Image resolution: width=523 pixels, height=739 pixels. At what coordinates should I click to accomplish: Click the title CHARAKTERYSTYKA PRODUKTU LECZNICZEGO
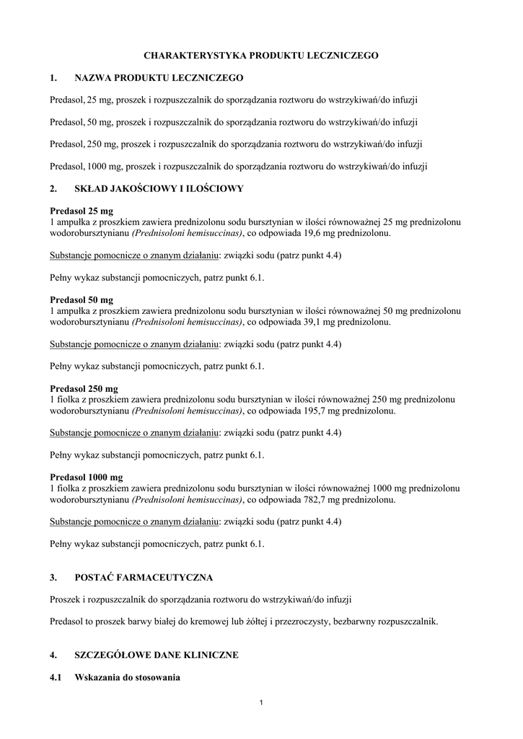click(x=260, y=55)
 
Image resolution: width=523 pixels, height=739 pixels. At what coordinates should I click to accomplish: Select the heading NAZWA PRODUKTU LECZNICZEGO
click(x=159, y=77)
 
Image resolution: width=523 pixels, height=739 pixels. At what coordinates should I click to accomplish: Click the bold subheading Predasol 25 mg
click(x=82, y=211)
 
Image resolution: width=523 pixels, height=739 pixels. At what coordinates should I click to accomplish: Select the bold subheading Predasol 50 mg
click(x=82, y=299)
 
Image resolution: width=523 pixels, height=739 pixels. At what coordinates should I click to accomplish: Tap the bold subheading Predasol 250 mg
click(x=84, y=388)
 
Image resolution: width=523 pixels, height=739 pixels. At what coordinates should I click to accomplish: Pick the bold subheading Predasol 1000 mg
click(x=87, y=477)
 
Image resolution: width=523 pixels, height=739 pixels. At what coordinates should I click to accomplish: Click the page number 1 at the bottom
click(x=261, y=704)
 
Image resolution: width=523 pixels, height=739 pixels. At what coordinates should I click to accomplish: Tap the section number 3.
click(x=53, y=578)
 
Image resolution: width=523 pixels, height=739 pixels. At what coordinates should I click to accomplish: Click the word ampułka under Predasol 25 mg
click(x=74, y=222)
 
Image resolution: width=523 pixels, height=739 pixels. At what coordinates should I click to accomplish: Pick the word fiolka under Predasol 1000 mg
click(x=69, y=489)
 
